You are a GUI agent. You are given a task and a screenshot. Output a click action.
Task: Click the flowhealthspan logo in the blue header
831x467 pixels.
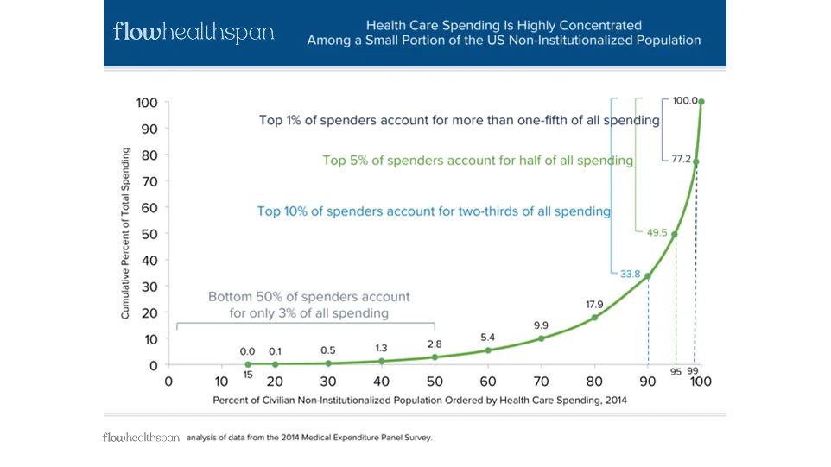point(193,33)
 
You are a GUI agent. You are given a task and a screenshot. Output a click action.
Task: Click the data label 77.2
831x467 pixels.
point(682,158)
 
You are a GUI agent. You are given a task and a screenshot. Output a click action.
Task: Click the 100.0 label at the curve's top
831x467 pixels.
point(685,101)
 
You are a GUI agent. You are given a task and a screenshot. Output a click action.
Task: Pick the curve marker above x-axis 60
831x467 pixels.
point(488,350)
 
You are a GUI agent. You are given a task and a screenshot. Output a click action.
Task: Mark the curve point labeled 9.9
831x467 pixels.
point(542,338)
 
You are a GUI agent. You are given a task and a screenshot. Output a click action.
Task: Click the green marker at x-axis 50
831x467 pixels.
point(435,357)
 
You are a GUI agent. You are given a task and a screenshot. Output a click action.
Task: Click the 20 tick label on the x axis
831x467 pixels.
point(275,382)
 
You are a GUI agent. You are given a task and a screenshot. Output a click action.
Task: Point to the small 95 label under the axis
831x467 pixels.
point(676,372)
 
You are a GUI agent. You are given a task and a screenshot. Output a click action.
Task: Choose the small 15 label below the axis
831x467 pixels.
point(247,374)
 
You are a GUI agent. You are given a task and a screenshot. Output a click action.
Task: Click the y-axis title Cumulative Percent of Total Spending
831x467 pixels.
point(125,233)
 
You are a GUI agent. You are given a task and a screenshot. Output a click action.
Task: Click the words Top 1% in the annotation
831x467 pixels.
point(282,121)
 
